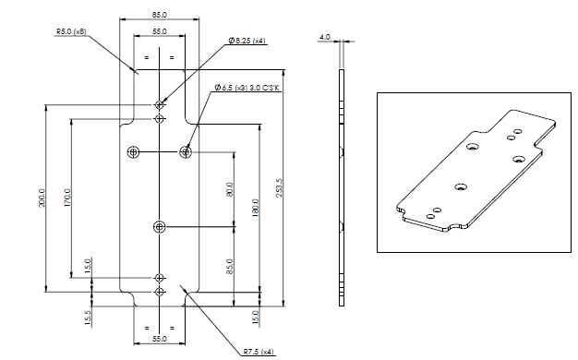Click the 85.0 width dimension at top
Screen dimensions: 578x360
coord(159,15)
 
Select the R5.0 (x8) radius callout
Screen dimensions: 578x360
coord(71,31)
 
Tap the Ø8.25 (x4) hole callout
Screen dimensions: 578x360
coord(247,41)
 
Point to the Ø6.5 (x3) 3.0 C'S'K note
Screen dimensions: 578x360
coord(247,88)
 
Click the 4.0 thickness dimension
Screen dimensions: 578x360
coord(325,37)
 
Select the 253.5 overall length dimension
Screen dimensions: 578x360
coord(279,188)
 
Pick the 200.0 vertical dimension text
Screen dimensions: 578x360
coord(42,198)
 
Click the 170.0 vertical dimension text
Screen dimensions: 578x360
coord(67,198)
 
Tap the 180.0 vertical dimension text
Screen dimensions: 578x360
coord(256,208)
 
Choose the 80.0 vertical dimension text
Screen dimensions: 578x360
coord(230,189)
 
